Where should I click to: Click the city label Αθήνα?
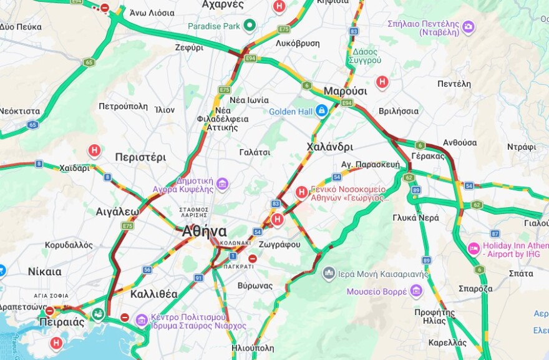coord(204,230)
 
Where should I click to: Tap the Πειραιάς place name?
coord(61,322)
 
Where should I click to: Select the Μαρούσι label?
coord(345,91)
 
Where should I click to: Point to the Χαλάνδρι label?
coord(329,147)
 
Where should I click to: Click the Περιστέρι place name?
coord(140,157)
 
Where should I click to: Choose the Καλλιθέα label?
coord(154,293)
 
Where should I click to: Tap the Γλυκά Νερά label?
coord(415,218)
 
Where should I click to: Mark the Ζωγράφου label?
coord(279,245)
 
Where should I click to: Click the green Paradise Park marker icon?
coord(250,25)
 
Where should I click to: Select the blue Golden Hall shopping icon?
coord(321,111)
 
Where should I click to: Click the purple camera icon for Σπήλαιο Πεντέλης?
coord(468,27)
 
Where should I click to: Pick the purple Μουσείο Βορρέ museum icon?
coord(417,291)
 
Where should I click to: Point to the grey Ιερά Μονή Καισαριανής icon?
coord(329,273)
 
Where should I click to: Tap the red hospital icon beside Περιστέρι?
coord(94,150)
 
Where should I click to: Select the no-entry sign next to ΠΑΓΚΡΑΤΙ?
coord(252,258)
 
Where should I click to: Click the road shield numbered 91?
coord(198,278)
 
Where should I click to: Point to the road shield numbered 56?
coord(147,270)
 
